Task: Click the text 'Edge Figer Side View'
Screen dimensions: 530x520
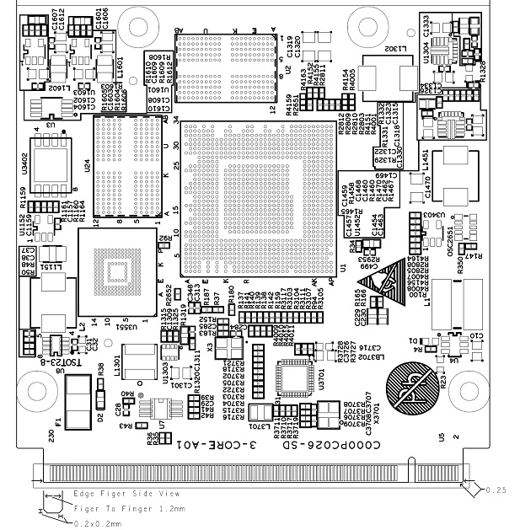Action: pos(126,493)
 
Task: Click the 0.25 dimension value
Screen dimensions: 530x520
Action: pos(496,489)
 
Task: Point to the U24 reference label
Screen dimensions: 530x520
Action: pos(88,166)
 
